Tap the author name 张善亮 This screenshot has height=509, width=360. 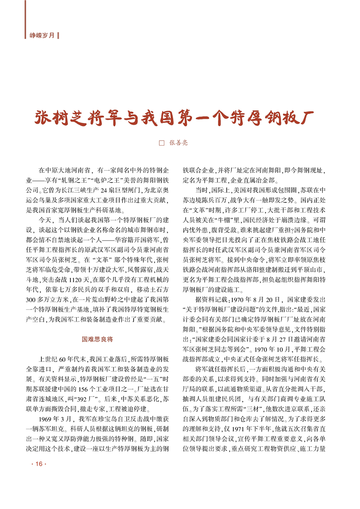[x=178, y=143]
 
